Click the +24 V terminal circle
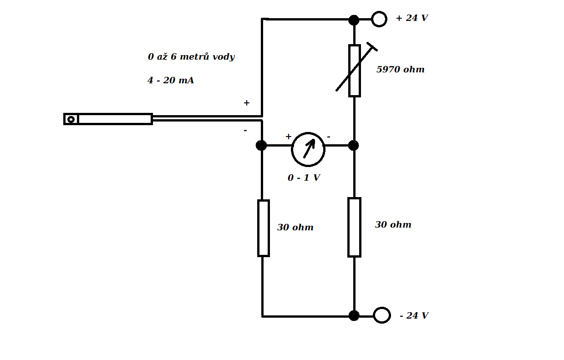click(x=379, y=19)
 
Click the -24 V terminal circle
click(x=381, y=315)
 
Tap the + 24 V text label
click(x=412, y=18)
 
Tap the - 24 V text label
click(x=414, y=315)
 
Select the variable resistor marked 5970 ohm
click(x=355, y=71)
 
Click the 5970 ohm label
click(x=400, y=70)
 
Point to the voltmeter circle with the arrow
click(x=308, y=149)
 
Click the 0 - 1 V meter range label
click(x=304, y=178)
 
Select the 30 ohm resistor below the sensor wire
click(x=263, y=228)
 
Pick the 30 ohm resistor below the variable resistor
click(x=354, y=227)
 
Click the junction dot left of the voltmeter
click(x=261, y=145)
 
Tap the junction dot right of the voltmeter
click(x=353, y=145)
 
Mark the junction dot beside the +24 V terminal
click(x=354, y=20)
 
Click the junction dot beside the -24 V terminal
click(x=354, y=315)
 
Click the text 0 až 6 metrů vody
click(x=191, y=57)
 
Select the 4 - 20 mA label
click(x=171, y=81)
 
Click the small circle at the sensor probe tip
click(x=71, y=119)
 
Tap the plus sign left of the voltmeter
click(x=288, y=137)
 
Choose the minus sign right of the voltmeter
click(x=329, y=137)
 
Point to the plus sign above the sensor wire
click(x=246, y=103)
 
